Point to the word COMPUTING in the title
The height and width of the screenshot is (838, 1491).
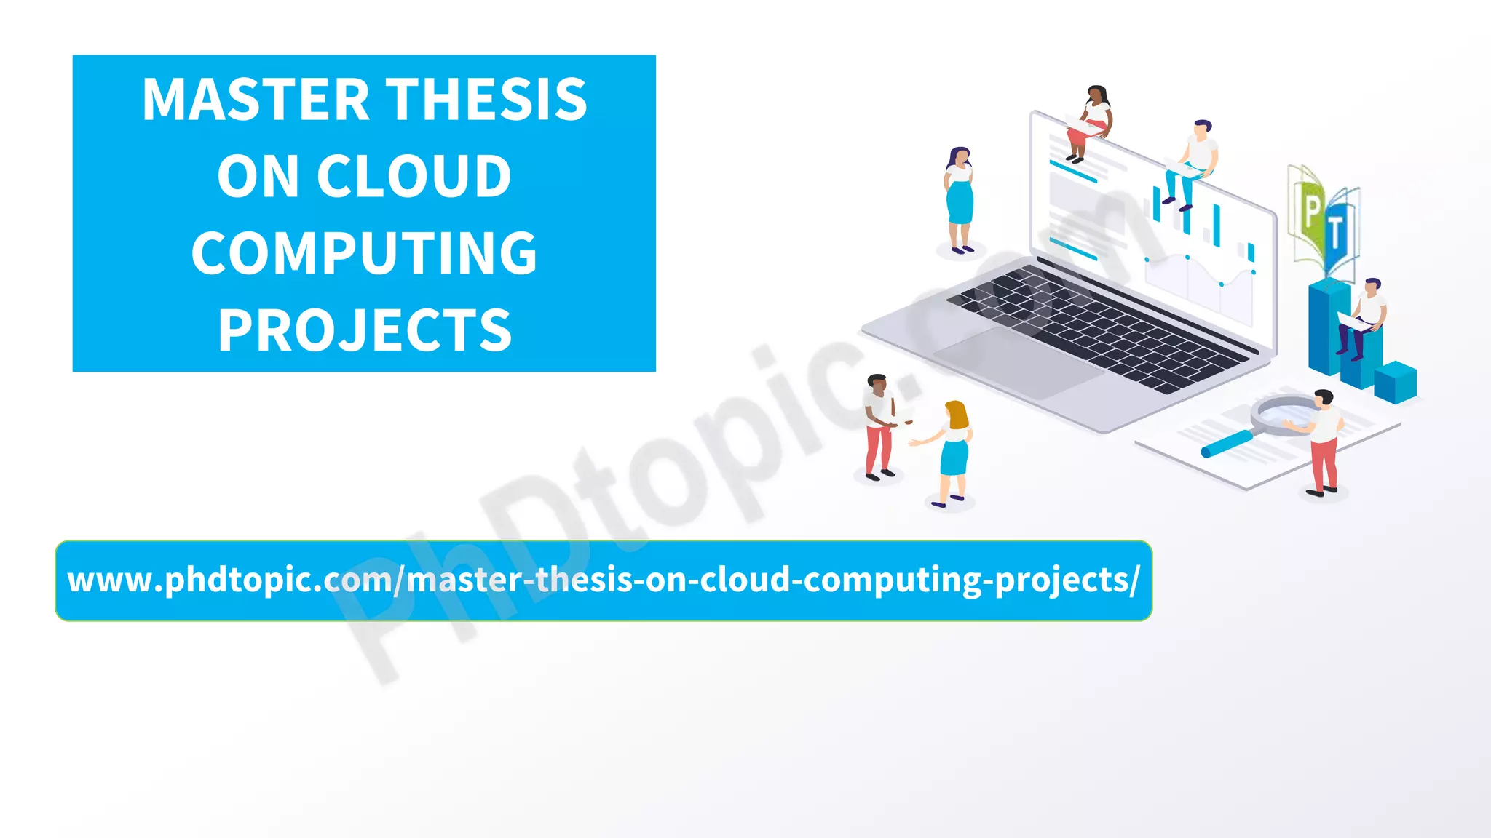pos(364,253)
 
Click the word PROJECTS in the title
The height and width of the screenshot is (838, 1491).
pos(364,330)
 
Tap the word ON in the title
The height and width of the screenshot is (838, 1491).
pos(258,177)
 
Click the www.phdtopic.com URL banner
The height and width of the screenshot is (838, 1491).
pos(603,580)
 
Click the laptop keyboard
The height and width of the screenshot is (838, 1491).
pos(1099,327)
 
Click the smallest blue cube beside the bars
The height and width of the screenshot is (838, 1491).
pos(1395,382)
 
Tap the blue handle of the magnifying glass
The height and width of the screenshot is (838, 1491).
pos(1226,443)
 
